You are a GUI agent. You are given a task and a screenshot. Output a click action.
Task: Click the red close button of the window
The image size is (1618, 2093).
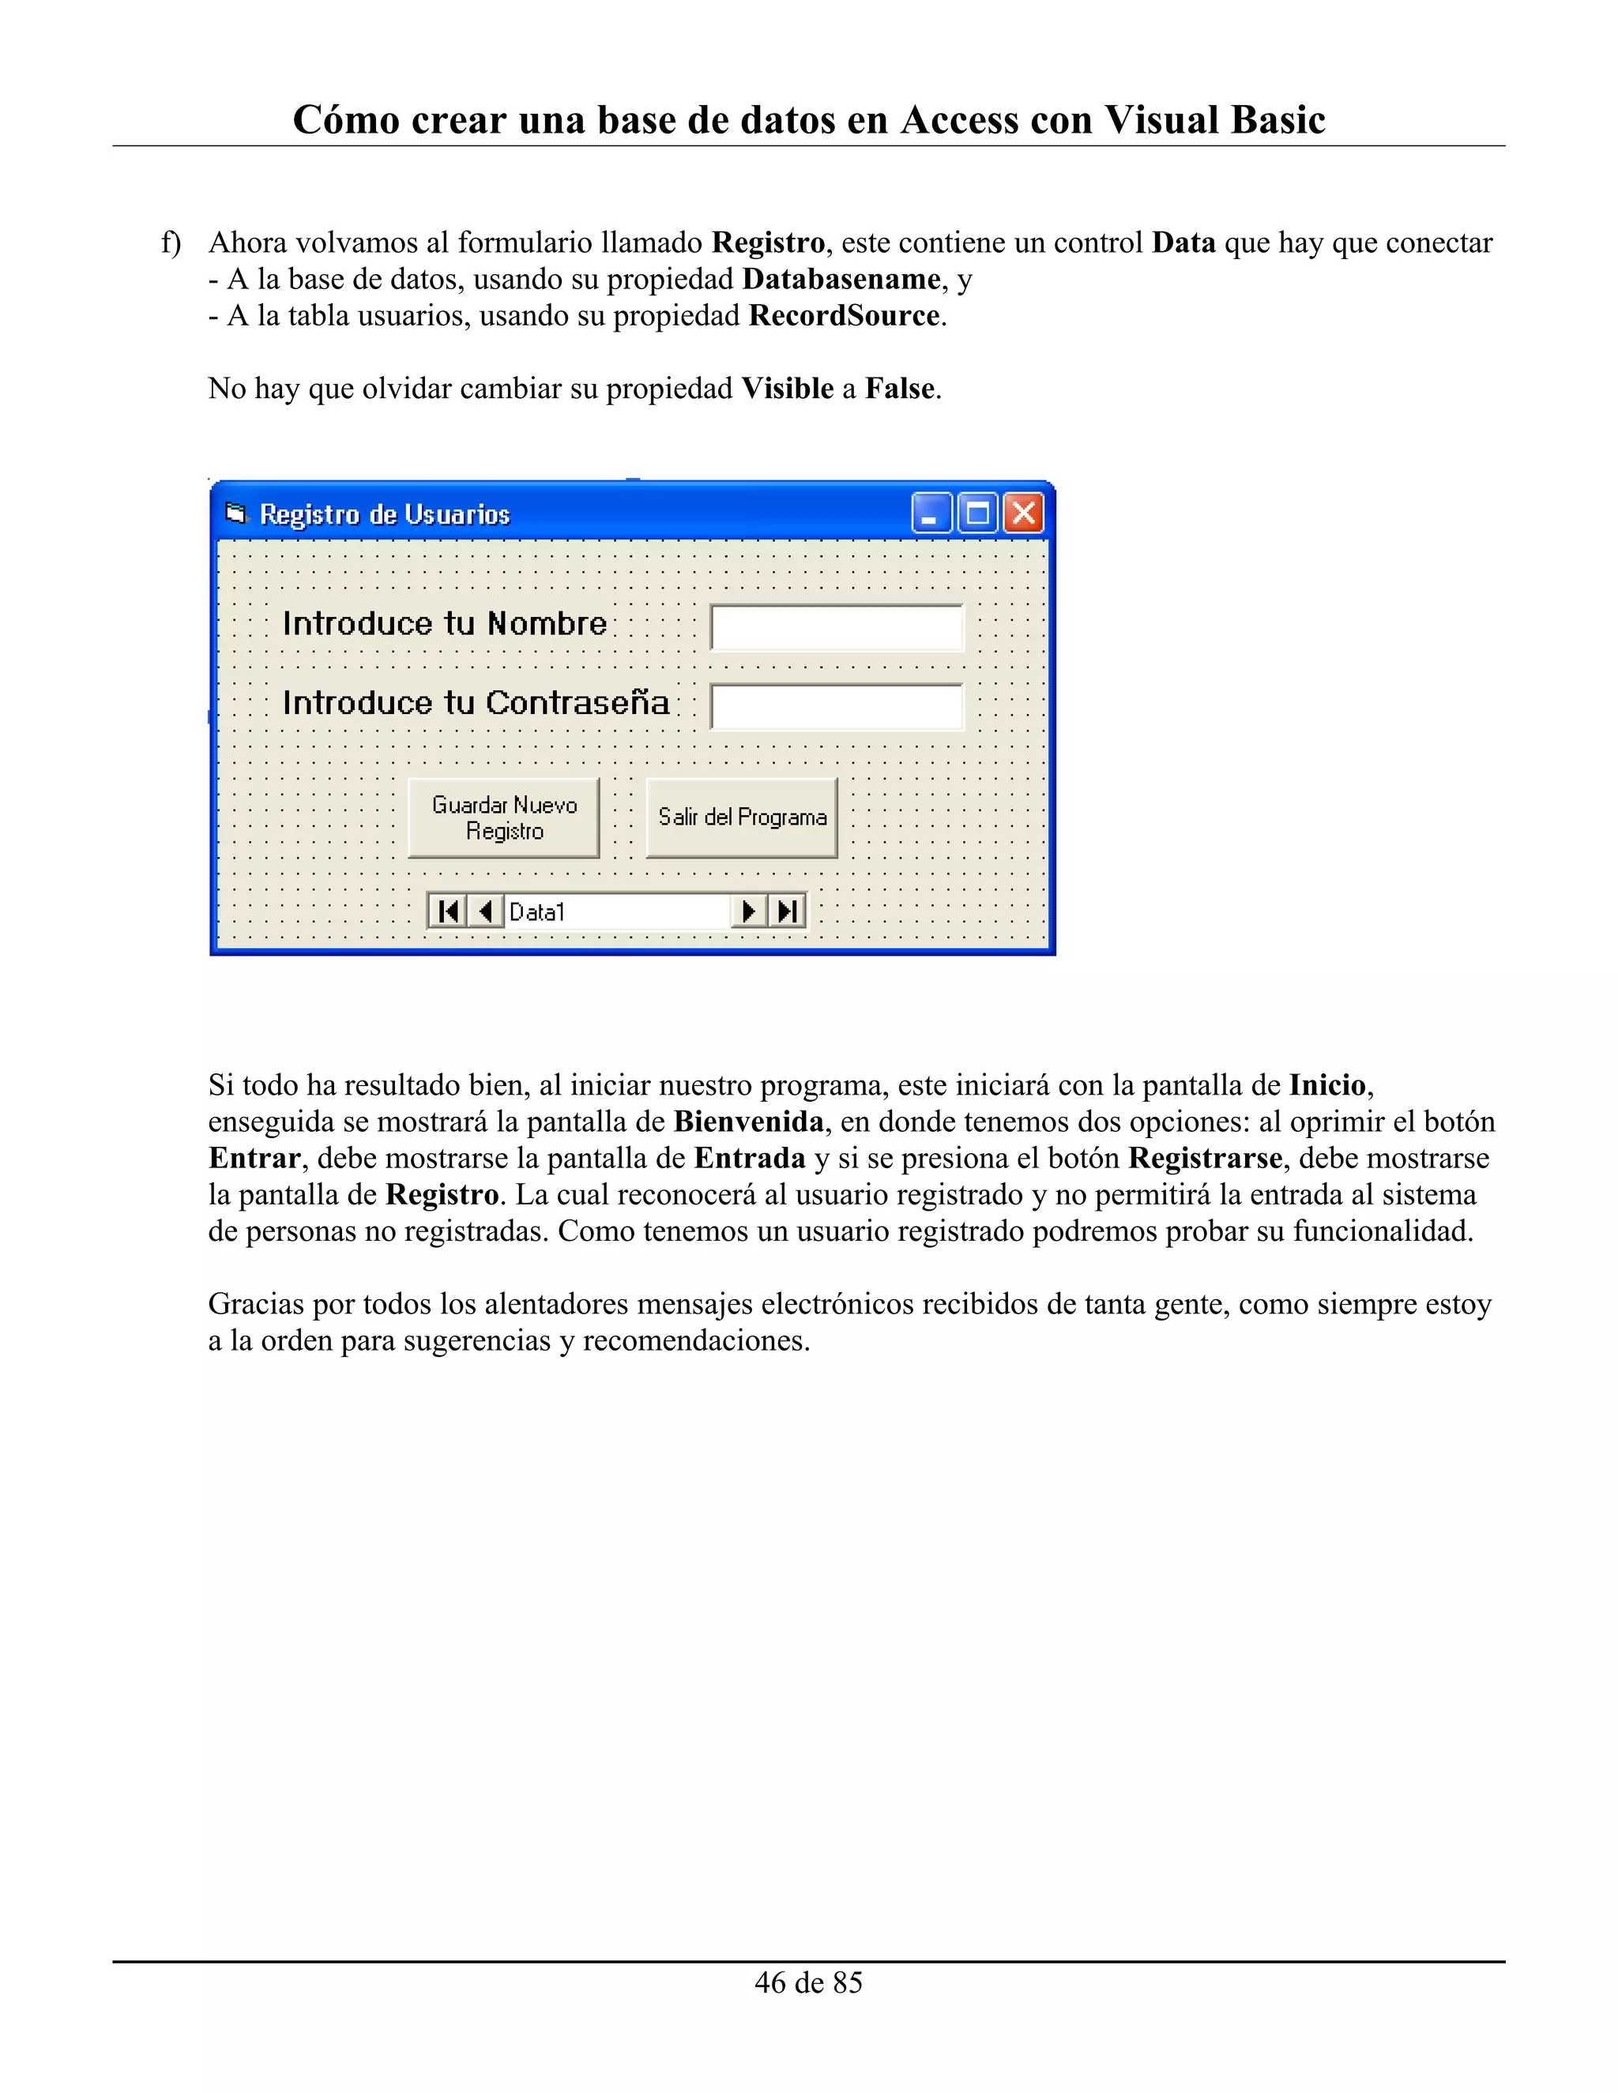point(1023,513)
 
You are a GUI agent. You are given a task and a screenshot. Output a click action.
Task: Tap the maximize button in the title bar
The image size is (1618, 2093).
point(978,513)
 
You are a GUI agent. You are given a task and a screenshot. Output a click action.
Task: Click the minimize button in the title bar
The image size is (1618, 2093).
point(931,513)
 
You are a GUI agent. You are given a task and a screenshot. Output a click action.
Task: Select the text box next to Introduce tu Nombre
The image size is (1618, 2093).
point(836,628)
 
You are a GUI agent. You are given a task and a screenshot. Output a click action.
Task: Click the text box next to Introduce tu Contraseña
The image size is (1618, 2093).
point(836,707)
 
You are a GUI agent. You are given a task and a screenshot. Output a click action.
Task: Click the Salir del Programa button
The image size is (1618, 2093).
point(742,817)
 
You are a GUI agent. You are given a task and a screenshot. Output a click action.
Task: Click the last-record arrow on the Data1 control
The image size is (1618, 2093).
point(787,911)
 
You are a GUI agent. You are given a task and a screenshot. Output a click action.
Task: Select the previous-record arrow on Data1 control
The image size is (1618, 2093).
point(485,911)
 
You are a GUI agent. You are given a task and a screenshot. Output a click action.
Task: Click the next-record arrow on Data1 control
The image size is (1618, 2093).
point(750,911)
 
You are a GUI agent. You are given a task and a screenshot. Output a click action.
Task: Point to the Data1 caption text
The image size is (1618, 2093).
point(536,911)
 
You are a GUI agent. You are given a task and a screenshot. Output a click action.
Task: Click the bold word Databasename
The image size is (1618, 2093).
point(841,279)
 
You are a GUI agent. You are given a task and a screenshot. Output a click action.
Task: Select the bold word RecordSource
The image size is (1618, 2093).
point(844,315)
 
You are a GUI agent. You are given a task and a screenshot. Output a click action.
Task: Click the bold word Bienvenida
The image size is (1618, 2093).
point(749,1122)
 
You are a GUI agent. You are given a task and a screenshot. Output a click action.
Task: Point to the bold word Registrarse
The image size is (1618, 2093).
point(1205,1158)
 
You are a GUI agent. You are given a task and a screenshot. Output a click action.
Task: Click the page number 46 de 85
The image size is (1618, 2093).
point(808,1982)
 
